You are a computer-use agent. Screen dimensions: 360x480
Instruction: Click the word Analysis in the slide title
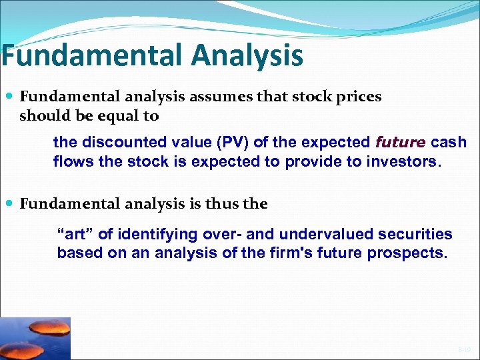(247, 55)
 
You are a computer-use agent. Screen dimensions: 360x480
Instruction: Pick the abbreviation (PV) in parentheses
(211, 142)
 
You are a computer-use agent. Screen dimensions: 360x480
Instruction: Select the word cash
(449, 142)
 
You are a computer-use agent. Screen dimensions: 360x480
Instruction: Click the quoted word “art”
(73, 235)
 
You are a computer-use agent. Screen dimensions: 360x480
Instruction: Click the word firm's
(287, 253)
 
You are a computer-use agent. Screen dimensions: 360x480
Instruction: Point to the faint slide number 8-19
(464, 349)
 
